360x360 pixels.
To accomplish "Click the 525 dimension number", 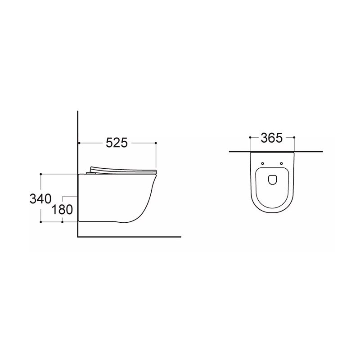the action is coord(117,143).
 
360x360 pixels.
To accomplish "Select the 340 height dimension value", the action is coord(40,198).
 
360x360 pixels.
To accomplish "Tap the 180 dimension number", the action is coord(62,210).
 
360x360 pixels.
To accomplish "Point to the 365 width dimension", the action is coord(272,138).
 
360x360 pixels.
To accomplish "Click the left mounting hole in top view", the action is coord(263,163).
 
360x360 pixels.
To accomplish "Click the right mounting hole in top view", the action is coord(282,163).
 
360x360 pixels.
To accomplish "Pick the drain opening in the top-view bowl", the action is coord(272,180).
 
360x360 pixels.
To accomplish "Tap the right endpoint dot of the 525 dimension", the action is coord(156,143).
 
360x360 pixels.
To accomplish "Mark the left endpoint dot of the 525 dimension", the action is coord(79,143).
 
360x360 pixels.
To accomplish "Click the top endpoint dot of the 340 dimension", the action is coord(41,174).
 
